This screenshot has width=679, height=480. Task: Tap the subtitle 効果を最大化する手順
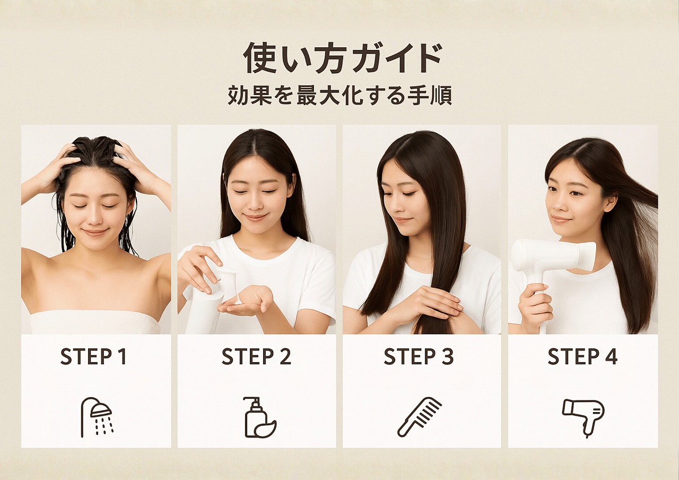click(x=339, y=96)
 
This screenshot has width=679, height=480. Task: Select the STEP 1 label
click(x=93, y=357)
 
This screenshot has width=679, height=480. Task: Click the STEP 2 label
click(x=256, y=357)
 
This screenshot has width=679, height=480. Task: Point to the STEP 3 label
click(x=419, y=357)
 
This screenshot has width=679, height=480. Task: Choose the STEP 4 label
click(x=582, y=357)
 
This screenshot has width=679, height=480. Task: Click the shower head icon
click(x=97, y=417)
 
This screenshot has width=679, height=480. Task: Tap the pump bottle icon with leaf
click(x=259, y=418)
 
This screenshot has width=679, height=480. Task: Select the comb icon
click(x=420, y=417)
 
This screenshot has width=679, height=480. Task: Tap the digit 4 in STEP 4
click(x=611, y=357)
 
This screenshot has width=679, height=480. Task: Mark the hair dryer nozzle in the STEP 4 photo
click(x=586, y=256)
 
